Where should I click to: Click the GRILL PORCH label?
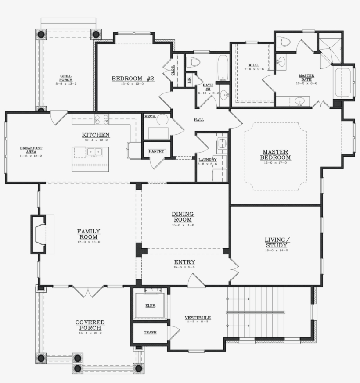click(x=66, y=78)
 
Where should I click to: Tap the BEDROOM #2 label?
click(x=133, y=79)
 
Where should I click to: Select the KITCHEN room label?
click(x=95, y=135)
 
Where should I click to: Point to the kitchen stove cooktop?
click(x=102, y=118)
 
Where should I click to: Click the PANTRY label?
click(x=156, y=151)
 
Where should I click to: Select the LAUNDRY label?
click(x=207, y=160)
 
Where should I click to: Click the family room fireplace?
click(x=39, y=234)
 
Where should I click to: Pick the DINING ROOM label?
click(x=183, y=217)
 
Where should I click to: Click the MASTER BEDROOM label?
click(x=275, y=155)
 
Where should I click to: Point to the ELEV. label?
click(x=151, y=306)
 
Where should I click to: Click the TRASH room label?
click(x=150, y=333)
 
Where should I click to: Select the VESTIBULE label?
click(x=198, y=318)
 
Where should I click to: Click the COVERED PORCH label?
click(x=90, y=325)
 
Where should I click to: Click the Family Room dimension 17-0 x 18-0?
click(x=89, y=242)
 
